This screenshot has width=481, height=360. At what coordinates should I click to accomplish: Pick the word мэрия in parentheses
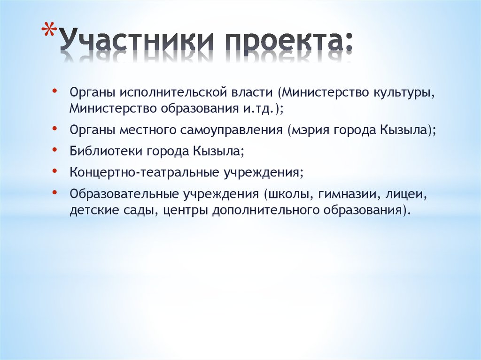(312, 130)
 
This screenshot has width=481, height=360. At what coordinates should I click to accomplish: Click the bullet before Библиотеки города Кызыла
(55, 149)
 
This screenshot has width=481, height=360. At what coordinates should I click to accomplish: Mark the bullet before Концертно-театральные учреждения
(55, 171)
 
